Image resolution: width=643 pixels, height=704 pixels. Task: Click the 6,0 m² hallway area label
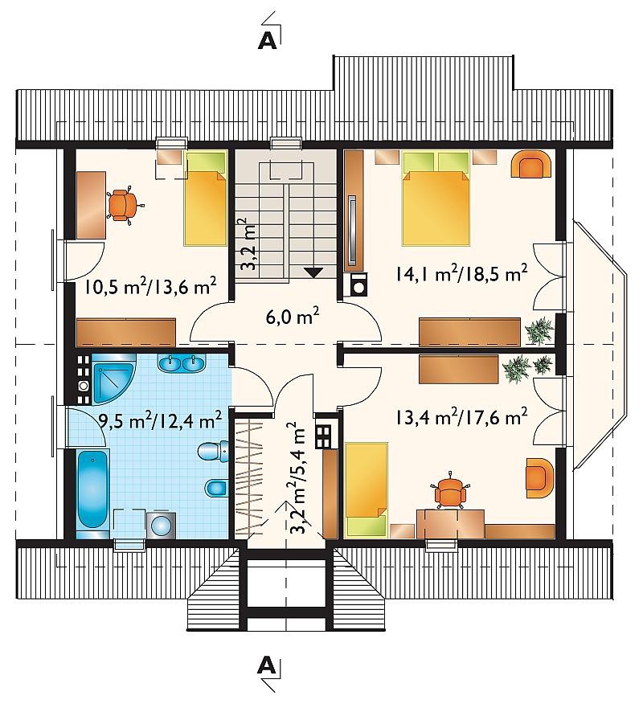click(293, 317)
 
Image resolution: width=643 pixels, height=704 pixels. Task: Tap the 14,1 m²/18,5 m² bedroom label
click(461, 272)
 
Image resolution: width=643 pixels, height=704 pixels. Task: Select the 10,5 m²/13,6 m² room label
click(151, 286)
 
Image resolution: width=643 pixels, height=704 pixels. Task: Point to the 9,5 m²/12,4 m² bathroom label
click(159, 420)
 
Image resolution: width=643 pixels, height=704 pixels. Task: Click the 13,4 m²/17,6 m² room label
click(461, 417)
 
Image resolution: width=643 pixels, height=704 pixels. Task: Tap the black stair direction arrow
click(313, 272)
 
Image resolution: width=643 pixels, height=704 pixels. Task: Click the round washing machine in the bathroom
click(161, 525)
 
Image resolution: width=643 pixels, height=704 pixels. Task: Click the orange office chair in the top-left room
click(124, 205)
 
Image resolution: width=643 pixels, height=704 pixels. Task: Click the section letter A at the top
click(267, 41)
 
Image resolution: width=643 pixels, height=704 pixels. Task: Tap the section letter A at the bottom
click(267, 665)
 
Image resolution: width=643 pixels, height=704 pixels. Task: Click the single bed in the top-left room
click(205, 199)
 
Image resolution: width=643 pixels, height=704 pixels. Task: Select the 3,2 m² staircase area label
click(248, 244)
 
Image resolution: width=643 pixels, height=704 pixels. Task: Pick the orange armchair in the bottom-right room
click(539, 477)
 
